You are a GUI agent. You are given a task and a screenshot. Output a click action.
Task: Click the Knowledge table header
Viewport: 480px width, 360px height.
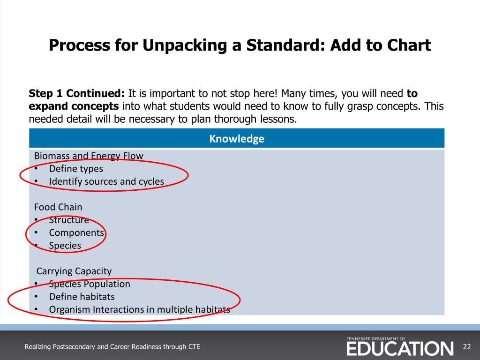click(x=237, y=139)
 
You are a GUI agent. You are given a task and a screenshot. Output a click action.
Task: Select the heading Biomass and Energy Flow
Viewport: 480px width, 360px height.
click(x=89, y=156)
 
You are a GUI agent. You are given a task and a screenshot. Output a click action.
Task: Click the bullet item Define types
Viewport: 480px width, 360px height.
click(x=76, y=168)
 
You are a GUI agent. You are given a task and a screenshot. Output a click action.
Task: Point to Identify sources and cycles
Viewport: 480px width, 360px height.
click(x=106, y=181)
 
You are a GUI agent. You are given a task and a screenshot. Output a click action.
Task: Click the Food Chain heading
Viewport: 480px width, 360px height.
click(x=58, y=207)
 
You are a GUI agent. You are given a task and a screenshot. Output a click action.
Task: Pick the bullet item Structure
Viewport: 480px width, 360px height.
click(x=69, y=220)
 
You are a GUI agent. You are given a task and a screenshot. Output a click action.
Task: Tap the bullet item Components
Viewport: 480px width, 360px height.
click(x=76, y=232)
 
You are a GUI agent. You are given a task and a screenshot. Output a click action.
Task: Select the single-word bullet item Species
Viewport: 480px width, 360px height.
click(x=65, y=245)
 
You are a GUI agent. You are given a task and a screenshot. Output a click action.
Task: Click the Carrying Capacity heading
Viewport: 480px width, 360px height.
click(x=74, y=271)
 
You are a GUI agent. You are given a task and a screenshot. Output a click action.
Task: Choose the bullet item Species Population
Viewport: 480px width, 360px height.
click(x=90, y=284)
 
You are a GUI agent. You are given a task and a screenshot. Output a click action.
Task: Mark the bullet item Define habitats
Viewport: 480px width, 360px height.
click(x=82, y=296)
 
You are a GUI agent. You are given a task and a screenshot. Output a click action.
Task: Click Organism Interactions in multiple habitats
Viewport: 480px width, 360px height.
click(x=139, y=309)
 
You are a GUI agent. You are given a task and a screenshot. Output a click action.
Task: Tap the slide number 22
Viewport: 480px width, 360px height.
click(x=466, y=347)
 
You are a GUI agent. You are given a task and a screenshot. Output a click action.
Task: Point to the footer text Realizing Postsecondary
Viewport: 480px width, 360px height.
click(x=112, y=347)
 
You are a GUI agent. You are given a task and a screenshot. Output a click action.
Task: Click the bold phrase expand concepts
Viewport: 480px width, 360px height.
click(x=74, y=106)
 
